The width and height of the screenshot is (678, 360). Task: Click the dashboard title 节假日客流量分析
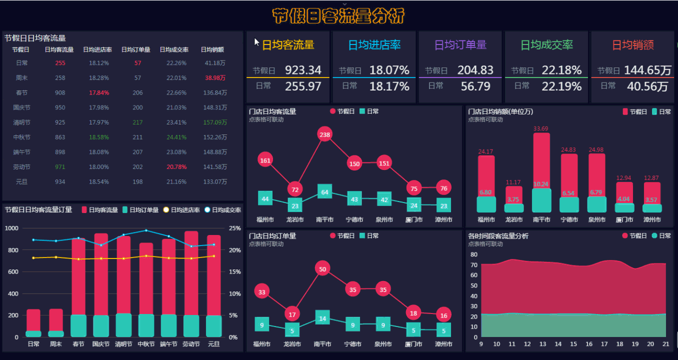(x=338, y=16)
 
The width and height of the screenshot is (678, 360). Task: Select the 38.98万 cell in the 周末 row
(x=215, y=78)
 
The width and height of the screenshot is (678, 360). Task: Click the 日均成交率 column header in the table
(x=174, y=50)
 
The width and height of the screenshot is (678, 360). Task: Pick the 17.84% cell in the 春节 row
(x=99, y=93)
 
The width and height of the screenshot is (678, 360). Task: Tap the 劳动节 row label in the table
(x=22, y=167)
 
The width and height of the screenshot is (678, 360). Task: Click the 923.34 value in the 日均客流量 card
(x=303, y=70)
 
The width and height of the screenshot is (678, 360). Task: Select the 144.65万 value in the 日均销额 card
(x=647, y=70)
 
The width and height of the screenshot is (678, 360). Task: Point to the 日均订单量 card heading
(x=460, y=45)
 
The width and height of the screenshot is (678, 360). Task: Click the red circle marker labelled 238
(x=325, y=134)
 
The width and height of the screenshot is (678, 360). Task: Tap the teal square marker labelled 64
(x=325, y=192)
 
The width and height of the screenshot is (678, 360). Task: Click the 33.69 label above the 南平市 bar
(x=541, y=129)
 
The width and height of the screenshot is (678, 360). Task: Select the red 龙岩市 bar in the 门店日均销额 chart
(x=514, y=194)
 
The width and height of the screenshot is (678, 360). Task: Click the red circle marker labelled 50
(x=322, y=269)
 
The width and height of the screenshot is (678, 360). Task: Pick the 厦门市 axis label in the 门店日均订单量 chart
(x=413, y=344)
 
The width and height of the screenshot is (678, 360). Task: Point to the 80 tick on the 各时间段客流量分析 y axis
(x=474, y=254)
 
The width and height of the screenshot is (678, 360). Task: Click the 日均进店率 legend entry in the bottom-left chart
(x=180, y=210)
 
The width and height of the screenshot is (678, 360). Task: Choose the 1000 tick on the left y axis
(x=11, y=228)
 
